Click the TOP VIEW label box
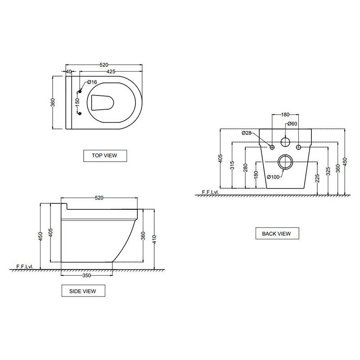click(x=105, y=156)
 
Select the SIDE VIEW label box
click(x=83, y=291)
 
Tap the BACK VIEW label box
click(x=277, y=233)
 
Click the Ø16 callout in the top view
click(x=92, y=82)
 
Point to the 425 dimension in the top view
click(x=111, y=72)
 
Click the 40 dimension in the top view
click(x=69, y=72)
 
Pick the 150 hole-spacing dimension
click(x=77, y=103)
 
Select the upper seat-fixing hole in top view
click(x=80, y=92)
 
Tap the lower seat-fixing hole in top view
click(x=80, y=113)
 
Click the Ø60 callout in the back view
click(x=292, y=124)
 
